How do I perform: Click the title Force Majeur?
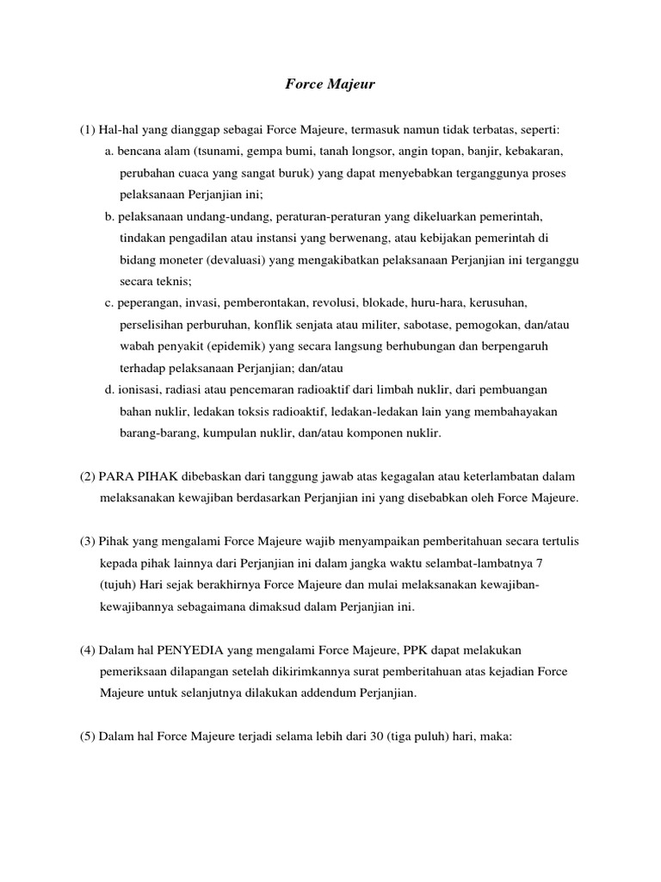point(330,85)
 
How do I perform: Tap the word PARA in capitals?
point(117,476)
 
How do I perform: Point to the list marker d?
point(110,389)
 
